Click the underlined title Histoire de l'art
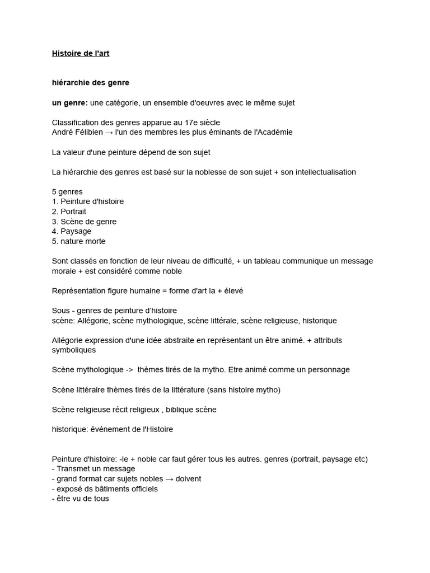pos(85,53)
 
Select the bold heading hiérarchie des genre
pos(90,83)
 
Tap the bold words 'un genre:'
pos(69,103)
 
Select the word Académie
pos(273,132)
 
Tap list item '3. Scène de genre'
pos(84,222)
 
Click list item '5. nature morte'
pos(78,241)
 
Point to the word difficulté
pos(213,261)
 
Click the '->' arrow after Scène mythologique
pos(127,370)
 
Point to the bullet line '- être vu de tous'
pos(81,499)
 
